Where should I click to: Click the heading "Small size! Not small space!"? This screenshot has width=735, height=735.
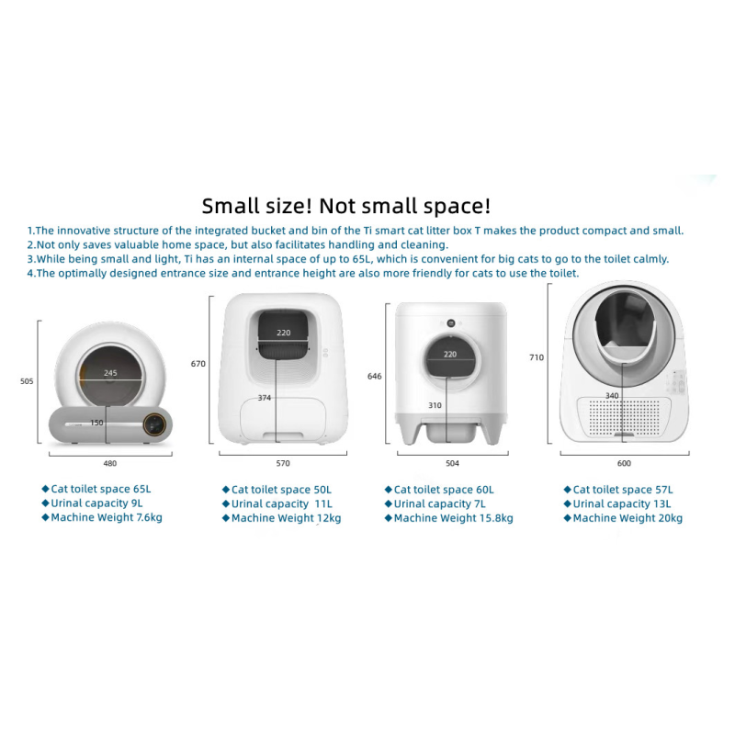(x=346, y=205)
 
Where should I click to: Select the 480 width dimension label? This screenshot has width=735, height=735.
(x=110, y=463)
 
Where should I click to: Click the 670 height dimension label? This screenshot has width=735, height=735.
(x=198, y=364)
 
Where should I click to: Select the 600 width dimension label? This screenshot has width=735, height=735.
(x=624, y=464)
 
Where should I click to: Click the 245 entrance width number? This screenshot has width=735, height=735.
(x=110, y=373)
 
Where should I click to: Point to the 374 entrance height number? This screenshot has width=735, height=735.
(x=265, y=398)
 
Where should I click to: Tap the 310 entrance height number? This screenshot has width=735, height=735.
(x=435, y=404)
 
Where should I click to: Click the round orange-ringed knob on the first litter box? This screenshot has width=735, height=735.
(x=158, y=425)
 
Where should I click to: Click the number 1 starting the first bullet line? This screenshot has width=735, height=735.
(x=29, y=231)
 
